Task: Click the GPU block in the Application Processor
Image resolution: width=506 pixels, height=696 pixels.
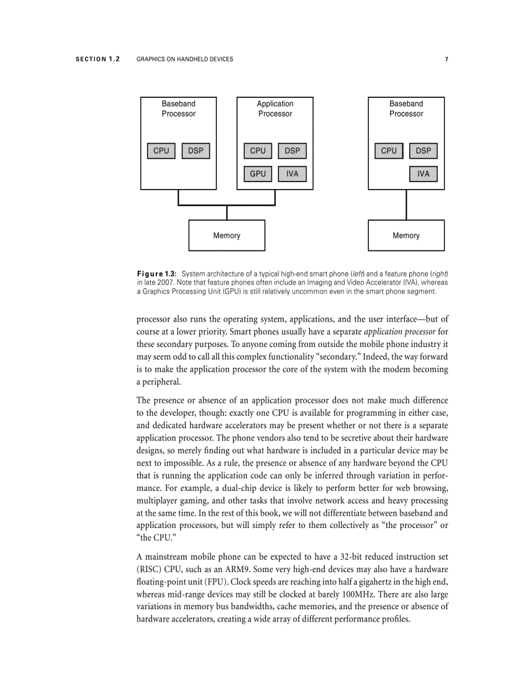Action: pyautogui.click(x=257, y=174)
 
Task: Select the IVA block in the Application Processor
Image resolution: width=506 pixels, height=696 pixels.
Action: pyautogui.click(x=292, y=174)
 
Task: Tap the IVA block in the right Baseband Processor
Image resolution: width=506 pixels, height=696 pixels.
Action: pyautogui.click(x=423, y=174)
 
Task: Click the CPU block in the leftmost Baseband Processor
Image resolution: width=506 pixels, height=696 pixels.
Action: pyautogui.click(x=161, y=151)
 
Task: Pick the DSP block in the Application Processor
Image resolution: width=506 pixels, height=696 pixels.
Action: pyautogui.click(x=292, y=151)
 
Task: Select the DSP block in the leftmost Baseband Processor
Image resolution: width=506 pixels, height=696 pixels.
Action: pyautogui.click(x=196, y=151)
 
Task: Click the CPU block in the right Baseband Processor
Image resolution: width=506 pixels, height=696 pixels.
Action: pyautogui.click(x=389, y=151)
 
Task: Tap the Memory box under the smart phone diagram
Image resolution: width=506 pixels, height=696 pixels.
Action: pyautogui.click(x=226, y=236)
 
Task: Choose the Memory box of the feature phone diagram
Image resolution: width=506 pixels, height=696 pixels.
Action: pyautogui.click(x=406, y=236)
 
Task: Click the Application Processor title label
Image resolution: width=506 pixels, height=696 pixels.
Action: pyautogui.click(x=275, y=108)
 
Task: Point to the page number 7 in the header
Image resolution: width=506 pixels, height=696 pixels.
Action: pyautogui.click(x=446, y=59)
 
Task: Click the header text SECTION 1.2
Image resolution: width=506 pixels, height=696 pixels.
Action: pyautogui.click(x=97, y=59)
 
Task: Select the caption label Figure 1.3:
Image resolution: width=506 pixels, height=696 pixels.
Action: pyautogui.click(x=157, y=273)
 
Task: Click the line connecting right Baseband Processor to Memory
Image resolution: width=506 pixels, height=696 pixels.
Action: pyautogui.click(x=406, y=205)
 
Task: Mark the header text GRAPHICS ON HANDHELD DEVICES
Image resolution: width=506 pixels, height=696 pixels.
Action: pyautogui.click(x=184, y=59)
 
